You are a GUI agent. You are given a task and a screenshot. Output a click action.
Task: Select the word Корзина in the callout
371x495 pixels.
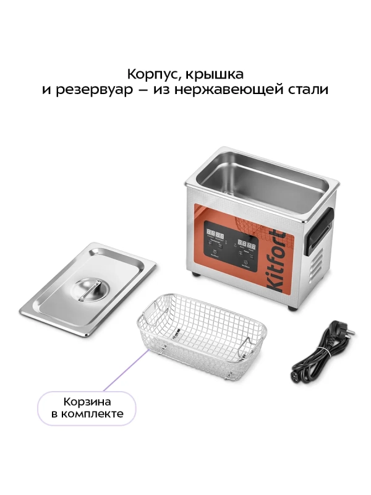click(x=86, y=400)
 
